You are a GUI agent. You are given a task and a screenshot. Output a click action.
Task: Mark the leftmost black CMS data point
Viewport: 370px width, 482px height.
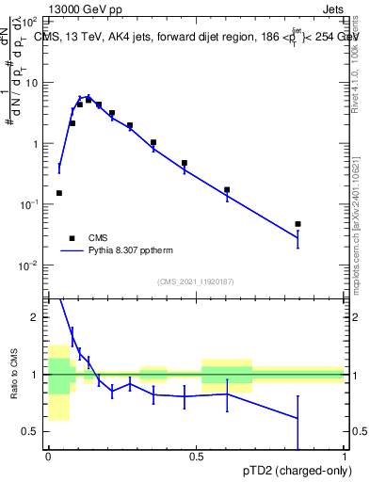click(x=59, y=193)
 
